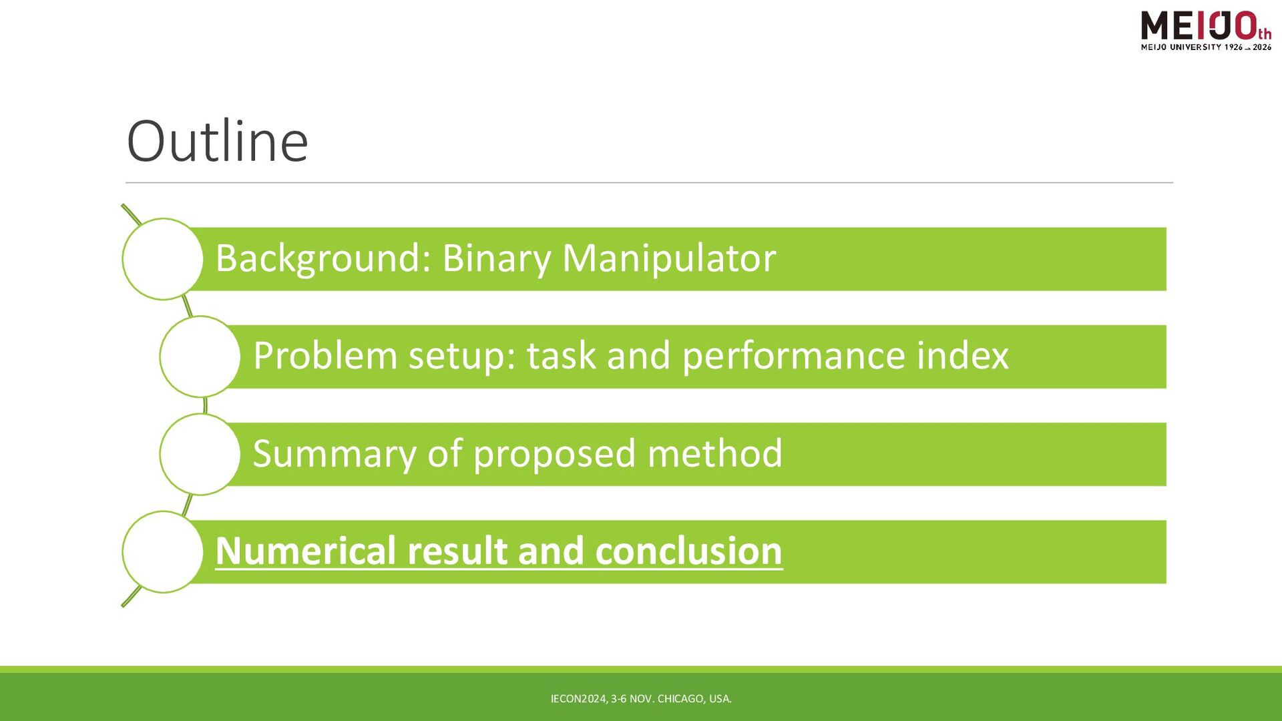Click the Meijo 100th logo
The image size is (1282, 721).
coord(1206,31)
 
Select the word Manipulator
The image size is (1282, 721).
coord(669,258)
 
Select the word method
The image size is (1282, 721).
coord(714,453)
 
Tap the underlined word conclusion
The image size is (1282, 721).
coord(688,551)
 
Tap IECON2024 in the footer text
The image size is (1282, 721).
coord(579,699)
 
